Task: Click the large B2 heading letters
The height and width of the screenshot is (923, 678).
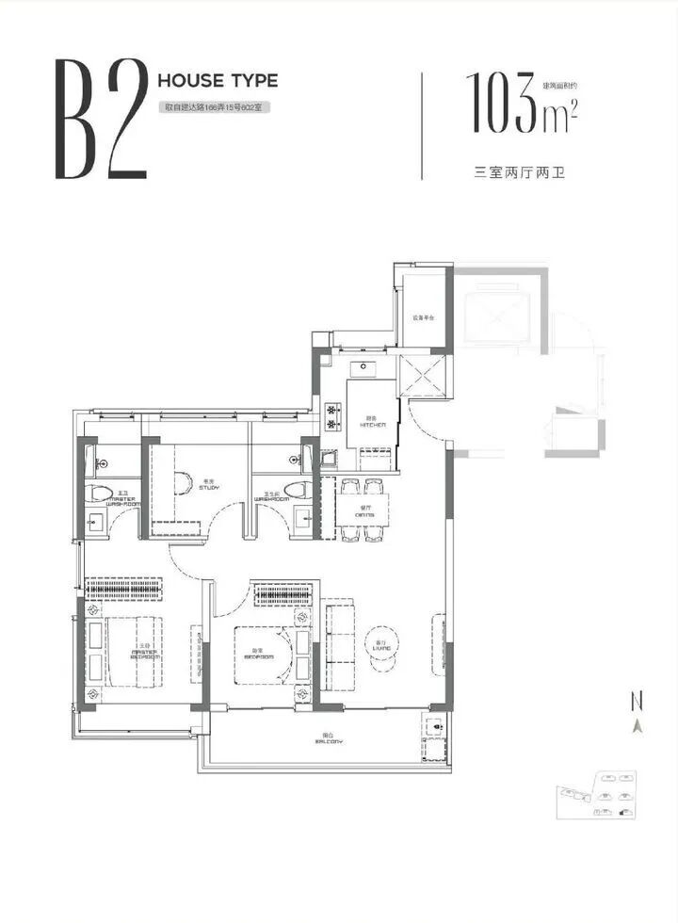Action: pyautogui.click(x=102, y=119)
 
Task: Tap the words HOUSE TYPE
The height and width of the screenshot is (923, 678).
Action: pyautogui.click(x=218, y=81)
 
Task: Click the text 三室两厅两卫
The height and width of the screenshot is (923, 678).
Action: pyautogui.click(x=519, y=173)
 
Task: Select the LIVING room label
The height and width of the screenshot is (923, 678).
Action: pyautogui.click(x=380, y=645)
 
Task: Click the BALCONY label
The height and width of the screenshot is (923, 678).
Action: pyautogui.click(x=325, y=739)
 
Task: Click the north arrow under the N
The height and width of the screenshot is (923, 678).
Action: pyautogui.click(x=638, y=725)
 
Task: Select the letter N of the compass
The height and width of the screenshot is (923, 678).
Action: pyautogui.click(x=638, y=701)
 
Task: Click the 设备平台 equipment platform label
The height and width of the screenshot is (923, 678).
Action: pyautogui.click(x=420, y=316)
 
